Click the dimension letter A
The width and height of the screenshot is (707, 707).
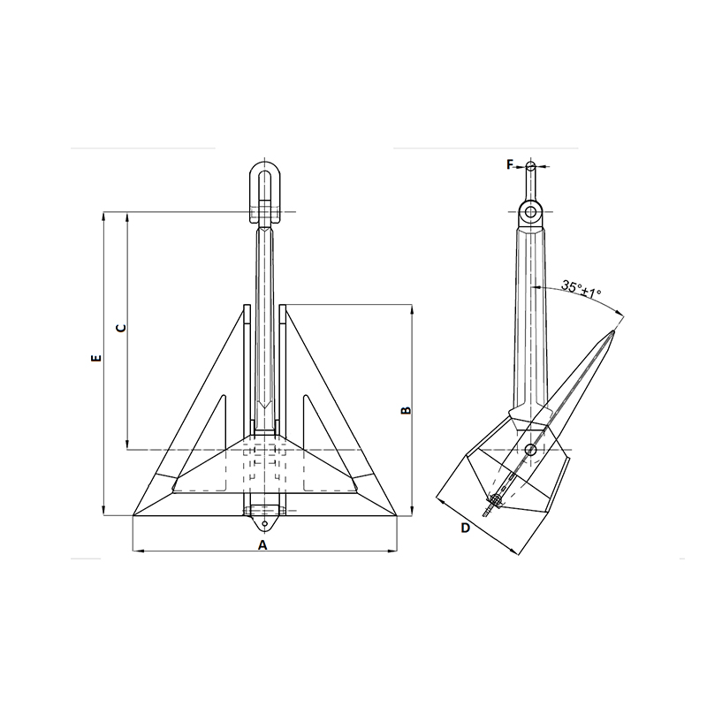pyautogui.click(x=262, y=545)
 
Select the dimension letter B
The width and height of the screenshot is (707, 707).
pyautogui.click(x=407, y=410)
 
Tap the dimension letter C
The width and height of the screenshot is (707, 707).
pyautogui.click(x=121, y=328)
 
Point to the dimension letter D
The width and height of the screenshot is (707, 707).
pyautogui.click(x=466, y=528)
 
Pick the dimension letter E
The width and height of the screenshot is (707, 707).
pyautogui.click(x=96, y=359)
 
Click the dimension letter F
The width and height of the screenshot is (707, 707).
pyautogui.click(x=510, y=165)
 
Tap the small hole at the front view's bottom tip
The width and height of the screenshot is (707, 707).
pyautogui.click(x=264, y=523)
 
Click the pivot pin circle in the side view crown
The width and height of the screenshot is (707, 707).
pyautogui.click(x=531, y=450)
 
